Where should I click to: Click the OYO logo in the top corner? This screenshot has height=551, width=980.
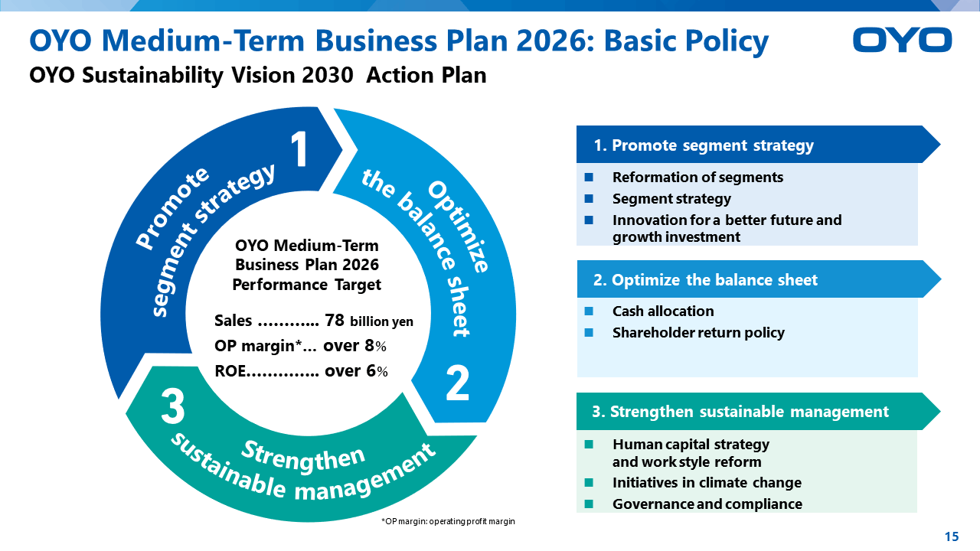click(902, 40)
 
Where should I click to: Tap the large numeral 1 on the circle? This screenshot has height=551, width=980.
click(299, 149)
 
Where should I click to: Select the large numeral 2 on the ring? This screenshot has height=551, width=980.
click(457, 383)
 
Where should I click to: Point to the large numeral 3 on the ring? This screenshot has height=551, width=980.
click(173, 407)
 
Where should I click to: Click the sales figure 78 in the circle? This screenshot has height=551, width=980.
click(335, 321)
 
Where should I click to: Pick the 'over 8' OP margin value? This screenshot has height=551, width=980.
click(354, 346)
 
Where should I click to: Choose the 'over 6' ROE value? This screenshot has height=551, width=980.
click(356, 371)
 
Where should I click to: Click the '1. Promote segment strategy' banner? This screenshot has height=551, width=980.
click(758, 145)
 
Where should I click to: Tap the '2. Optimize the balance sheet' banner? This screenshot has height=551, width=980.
click(759, 279)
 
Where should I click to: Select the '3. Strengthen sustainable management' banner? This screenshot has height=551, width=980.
click(758, 411)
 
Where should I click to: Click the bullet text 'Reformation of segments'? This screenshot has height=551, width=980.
click(697, 177)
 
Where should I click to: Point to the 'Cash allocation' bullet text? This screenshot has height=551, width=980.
click(663, 311)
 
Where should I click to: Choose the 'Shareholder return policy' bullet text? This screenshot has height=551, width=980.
click(699, 333)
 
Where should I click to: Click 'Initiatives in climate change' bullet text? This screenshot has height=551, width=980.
click(707, 482)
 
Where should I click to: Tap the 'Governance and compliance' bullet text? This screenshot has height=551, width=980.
click(707, 504)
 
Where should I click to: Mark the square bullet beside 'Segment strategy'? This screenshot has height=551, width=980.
click(589, 198)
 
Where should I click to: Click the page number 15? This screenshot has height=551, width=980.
click(952, 536)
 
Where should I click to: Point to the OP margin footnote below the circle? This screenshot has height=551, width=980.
click(448, 521)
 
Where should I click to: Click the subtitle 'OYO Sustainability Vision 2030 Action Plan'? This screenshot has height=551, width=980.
click(258, 75)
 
